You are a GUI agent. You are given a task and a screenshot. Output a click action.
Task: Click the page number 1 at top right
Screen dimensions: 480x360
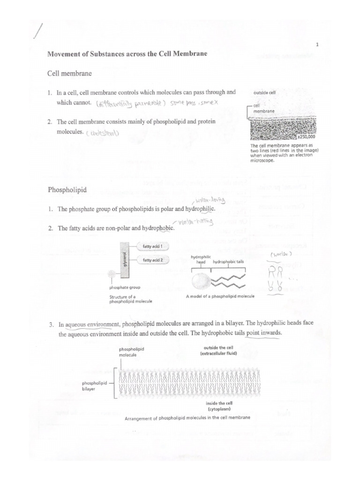tap(317, 45)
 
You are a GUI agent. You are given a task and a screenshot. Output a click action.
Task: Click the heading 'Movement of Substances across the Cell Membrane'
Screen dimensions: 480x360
tap(127, 54)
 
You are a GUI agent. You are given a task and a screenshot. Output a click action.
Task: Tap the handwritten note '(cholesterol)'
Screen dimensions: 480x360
tap(103, 133)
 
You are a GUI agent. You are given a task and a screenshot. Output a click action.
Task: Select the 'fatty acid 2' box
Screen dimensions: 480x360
tap(152, 260)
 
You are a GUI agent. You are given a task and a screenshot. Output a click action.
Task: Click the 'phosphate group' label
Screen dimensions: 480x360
tap(125, 287)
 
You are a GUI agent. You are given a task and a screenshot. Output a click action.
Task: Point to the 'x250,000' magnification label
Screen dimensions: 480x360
tap(307, 138)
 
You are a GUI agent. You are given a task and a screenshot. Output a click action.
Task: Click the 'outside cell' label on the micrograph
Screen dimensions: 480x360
tap(264, 93)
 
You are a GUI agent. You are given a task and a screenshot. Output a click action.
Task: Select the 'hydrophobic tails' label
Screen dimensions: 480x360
tap(228, 262)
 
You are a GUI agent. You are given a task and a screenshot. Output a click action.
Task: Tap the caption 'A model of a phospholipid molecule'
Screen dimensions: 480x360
tap(220, 297)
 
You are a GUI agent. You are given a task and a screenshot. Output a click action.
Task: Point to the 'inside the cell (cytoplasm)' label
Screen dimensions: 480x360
tap(219, 406)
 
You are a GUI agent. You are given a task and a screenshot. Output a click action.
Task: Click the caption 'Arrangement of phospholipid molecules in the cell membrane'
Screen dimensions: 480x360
tap(187, 418)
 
